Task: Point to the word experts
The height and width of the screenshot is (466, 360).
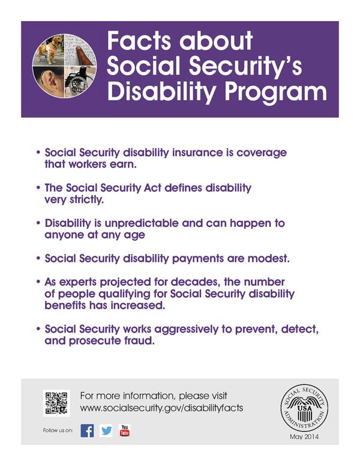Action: click(x=79, y=282)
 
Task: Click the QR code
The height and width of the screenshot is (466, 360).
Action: click(x=56, y=402)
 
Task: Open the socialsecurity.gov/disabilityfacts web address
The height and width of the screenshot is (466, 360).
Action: click(x=161, y=408)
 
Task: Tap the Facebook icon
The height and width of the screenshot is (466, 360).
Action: click(x=87, y=431)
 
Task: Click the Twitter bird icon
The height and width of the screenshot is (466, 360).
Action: click(x=106, y=431)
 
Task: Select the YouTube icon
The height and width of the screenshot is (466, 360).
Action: click(x=125, y=430)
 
